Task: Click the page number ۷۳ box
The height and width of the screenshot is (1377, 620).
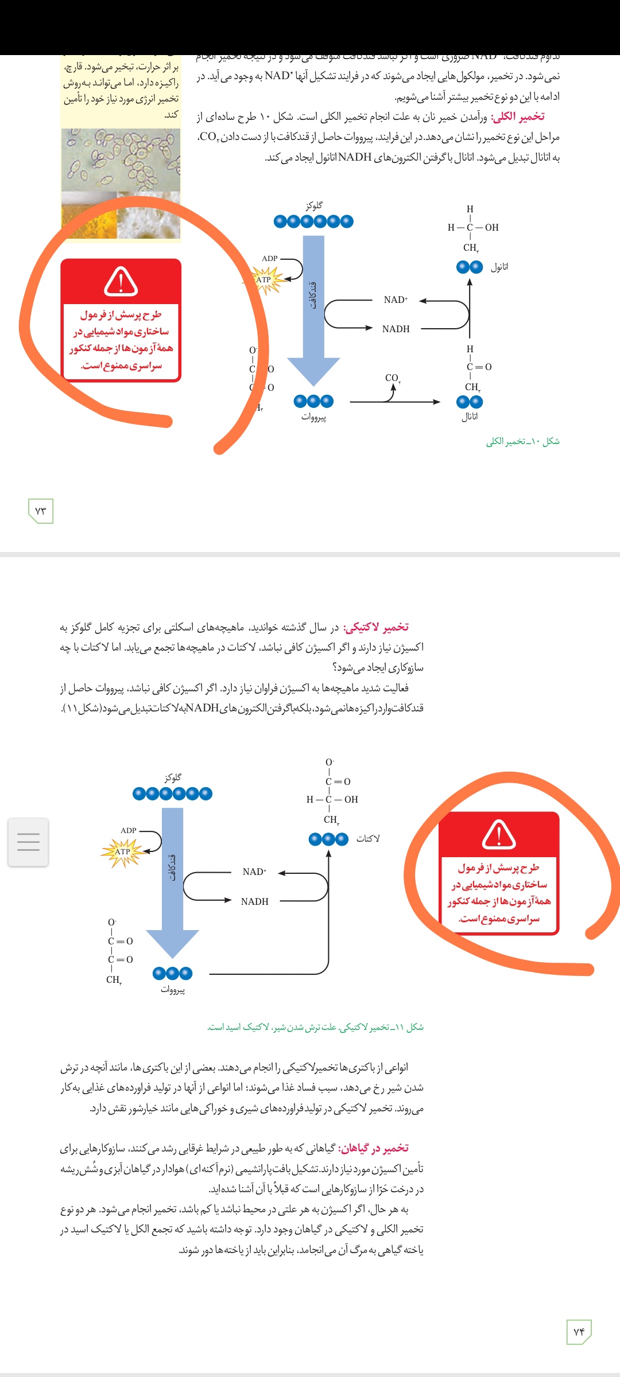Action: (41, 511)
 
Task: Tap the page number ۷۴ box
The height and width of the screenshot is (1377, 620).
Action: (578, 1332)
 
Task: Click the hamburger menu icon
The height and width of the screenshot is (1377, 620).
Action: (28, 842)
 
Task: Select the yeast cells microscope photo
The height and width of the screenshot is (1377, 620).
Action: (121, 159)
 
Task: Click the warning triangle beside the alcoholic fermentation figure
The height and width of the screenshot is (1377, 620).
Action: (121, 281)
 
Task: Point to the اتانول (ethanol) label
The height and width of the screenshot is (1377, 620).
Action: (499, 267)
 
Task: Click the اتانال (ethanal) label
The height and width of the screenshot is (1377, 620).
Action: (470, 417)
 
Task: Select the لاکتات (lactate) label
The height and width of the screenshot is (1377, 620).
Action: (368, 839)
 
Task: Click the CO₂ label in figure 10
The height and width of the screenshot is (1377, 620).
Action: (393, 378)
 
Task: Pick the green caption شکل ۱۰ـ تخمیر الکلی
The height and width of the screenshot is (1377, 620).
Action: (523, 441)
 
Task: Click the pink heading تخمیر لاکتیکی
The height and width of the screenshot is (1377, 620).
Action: (376, 627)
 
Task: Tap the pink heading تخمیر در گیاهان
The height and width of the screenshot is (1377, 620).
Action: (374, 1148)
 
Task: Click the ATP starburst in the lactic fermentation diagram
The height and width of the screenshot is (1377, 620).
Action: (122, 852)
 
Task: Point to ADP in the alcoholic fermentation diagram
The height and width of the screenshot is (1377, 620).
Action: (269, 259)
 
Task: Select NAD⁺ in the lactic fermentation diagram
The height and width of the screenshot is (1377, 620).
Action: (254, 872)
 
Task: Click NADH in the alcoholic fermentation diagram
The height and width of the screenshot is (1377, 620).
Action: (396, 329)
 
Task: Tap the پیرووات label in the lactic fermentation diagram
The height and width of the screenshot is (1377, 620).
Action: (172, 990)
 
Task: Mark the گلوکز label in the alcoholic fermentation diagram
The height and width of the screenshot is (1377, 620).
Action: (314, 205)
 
